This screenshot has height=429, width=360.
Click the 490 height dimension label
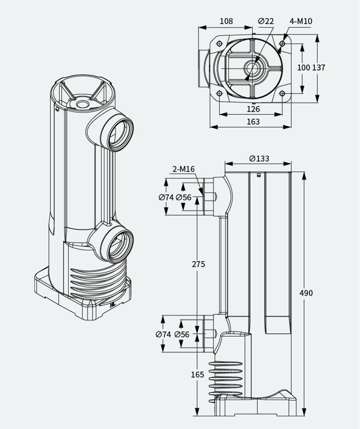[x=306, y=293]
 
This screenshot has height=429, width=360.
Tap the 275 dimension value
[x=198, y=264]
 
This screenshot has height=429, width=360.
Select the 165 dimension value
[x=198, y=375]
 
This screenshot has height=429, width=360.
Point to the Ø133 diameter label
[x=259, y=159]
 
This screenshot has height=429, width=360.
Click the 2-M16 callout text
[x=184, y=169]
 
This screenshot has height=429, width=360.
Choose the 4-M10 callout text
[x=301, y=21]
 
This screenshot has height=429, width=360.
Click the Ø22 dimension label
[x=265, y=21]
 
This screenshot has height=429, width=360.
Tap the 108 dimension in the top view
[x=226, y=21]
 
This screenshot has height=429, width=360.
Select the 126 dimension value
[x=253, y=109]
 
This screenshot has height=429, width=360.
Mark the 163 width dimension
[x=253, y=122]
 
